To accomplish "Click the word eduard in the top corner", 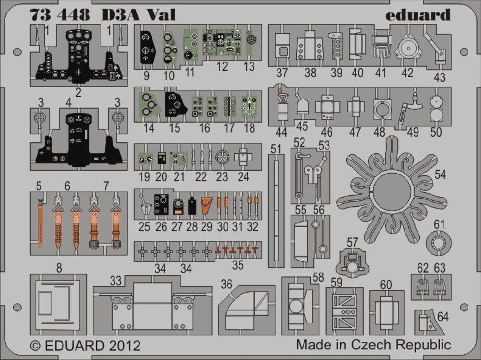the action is click(x=418, y=15).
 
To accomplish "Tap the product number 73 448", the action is click(x=60, y=14).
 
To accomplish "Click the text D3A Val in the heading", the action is click(x=139, y=14).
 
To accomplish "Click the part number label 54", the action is click(x=440, y=174).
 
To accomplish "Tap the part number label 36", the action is click(x=227, y=284).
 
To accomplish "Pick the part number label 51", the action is click(x=276, y=149).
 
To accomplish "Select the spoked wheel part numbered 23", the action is click(x=222, y=157).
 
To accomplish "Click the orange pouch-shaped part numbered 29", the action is click(x=206, y=205).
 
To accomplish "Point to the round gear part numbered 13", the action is click(x=251, y=40).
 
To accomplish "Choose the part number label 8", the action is click(x=59, y=268).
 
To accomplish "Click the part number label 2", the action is click(x=78, y=92).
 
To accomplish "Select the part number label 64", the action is click(x=443, y=316).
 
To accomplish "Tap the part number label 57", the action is click(x=352, y=242).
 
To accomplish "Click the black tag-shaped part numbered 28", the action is click(x=192, y=205).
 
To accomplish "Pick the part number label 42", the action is click(x=407, y=73).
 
